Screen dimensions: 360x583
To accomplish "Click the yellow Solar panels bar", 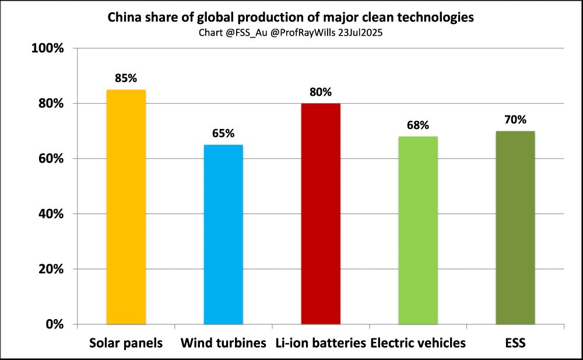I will point(126,207).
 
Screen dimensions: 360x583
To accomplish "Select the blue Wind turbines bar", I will point(223,234).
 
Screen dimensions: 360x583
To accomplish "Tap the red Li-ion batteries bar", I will point(321,214).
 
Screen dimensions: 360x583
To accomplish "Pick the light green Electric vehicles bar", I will point(418,230).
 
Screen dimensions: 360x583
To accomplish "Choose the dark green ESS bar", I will point(515,228).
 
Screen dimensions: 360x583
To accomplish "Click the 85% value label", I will point(126,78).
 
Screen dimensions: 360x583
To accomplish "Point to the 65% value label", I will point(223,133).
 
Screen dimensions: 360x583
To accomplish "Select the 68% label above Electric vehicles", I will point(418,125).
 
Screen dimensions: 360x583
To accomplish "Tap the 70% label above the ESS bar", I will point(515,120).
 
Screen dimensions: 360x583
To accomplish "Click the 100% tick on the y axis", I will point(47,48).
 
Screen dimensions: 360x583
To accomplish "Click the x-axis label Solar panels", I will point(126,343).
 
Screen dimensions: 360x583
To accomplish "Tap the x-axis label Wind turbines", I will point(223,343).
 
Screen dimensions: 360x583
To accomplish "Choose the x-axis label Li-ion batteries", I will point(321,343).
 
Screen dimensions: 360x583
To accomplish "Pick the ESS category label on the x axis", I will point(515,343).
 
